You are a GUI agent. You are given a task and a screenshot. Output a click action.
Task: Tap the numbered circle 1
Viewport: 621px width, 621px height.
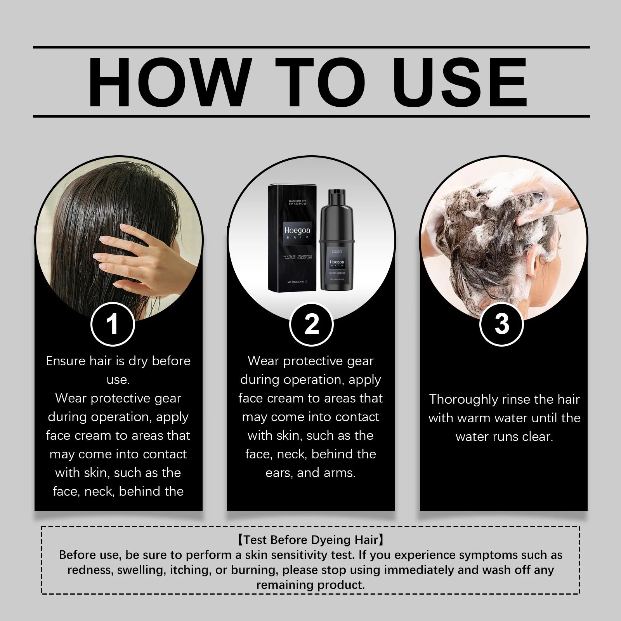pyautogui.click(x=113, y=324)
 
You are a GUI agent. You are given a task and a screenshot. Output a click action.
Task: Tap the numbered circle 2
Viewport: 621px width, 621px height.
pyautogui.click(x=311, y=324)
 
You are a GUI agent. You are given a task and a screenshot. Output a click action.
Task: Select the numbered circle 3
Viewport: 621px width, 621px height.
pyautogui.click(x=502, y=324)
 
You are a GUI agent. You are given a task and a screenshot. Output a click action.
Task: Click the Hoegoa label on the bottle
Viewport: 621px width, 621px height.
pyautogui.click(x=337, y=262)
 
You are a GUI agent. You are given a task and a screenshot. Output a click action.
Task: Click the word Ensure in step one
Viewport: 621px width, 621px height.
pyautogui.click(x=66, y=361)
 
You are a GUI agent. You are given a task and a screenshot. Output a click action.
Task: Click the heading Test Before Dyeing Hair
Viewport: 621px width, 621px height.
pyautogui.click(x=310, y=540)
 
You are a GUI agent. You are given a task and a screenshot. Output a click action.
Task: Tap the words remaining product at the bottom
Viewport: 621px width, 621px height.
pyautogui.click(x=310, y=585)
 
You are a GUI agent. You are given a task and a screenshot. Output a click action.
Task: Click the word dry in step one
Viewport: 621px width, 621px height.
pyautogui.click(x=137, y=361)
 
